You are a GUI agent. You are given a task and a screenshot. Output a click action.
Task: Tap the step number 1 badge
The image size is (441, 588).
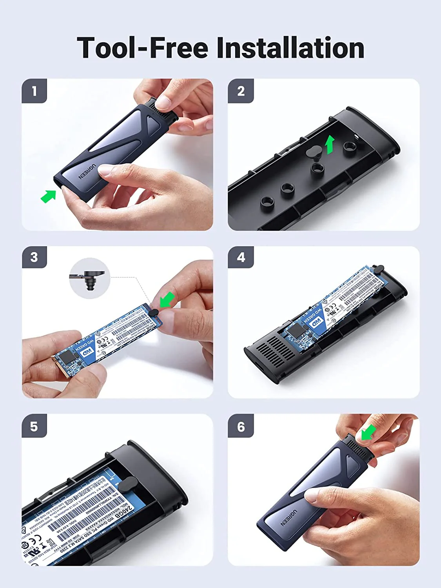click(x=34, y=91)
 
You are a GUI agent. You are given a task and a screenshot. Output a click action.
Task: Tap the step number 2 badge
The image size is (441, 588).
click(x=241, y=91)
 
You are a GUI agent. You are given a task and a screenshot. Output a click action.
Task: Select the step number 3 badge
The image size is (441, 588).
click(x=34, y=257)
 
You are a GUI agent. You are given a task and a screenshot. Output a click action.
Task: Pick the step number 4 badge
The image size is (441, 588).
click(x=241, y=257)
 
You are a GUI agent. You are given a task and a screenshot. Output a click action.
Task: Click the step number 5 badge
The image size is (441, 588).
click(x=34, y=426)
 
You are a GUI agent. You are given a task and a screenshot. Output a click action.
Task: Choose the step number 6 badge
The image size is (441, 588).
click(x=241, y=426)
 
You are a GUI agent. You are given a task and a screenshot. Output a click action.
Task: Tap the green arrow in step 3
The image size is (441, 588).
click(x=167, y=299)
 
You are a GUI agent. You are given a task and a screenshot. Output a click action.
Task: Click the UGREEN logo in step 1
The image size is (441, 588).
click(x=87, y=172)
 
